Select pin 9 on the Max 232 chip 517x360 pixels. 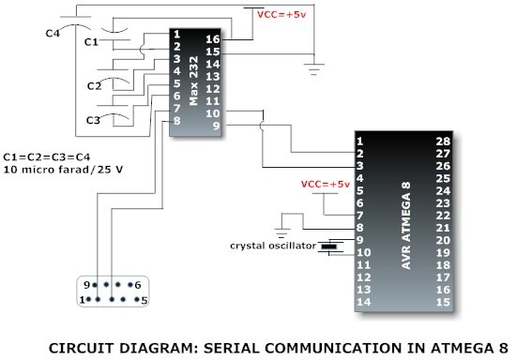(x=215, y=125)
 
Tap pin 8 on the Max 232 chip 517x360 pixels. (x=176, y=119)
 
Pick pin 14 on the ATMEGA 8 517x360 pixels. (x=362, y=302)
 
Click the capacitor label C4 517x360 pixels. (x=54, y=34)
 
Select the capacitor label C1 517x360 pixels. (x=92, y=42)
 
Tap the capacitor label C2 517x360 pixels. (x=94, y=86)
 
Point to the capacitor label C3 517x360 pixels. (x=92, y=120)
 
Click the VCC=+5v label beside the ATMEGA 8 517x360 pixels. (x=325, y=184)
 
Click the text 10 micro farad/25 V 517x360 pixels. (x=53, y=170)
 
